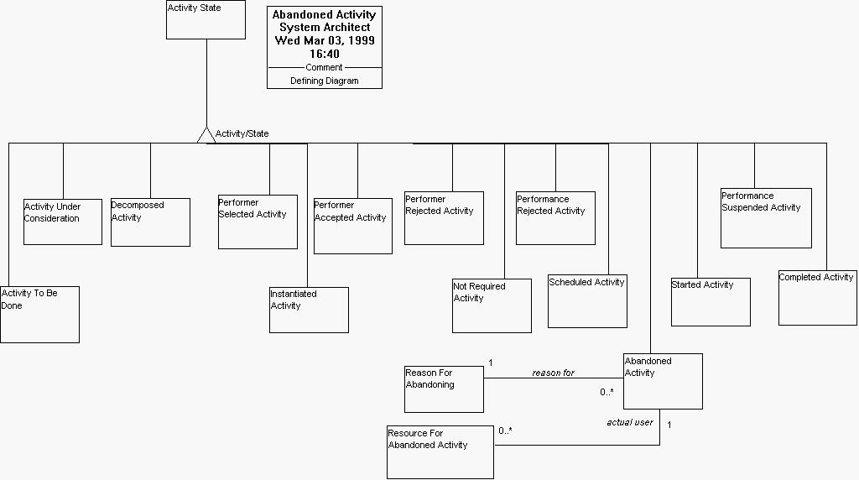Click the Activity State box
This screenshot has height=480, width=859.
[206, 19]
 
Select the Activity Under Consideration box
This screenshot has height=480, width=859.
[63, 222]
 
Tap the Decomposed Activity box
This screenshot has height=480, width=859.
[150, 222]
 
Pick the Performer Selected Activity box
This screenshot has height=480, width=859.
[258, 222]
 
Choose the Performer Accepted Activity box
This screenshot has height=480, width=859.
[352, 226]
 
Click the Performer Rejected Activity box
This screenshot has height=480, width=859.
[444, 219]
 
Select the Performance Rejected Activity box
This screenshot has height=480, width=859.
[555, 218]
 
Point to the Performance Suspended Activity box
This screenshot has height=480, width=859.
[766, 218]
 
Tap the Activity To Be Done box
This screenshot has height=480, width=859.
[39, 314]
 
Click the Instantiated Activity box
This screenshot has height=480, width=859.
[309, 310]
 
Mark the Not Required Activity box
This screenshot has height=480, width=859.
[492, 305]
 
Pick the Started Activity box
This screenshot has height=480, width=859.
[711, 302]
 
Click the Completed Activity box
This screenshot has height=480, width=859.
[818, 298]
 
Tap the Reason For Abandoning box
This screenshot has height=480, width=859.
[444, 389]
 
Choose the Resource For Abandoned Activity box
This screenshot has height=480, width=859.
[440, 451]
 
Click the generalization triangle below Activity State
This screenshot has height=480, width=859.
[206, 135]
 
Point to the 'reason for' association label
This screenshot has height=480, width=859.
[553, 373]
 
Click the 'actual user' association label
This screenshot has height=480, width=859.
[629, 422]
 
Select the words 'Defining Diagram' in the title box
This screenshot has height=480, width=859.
[325, 81]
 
